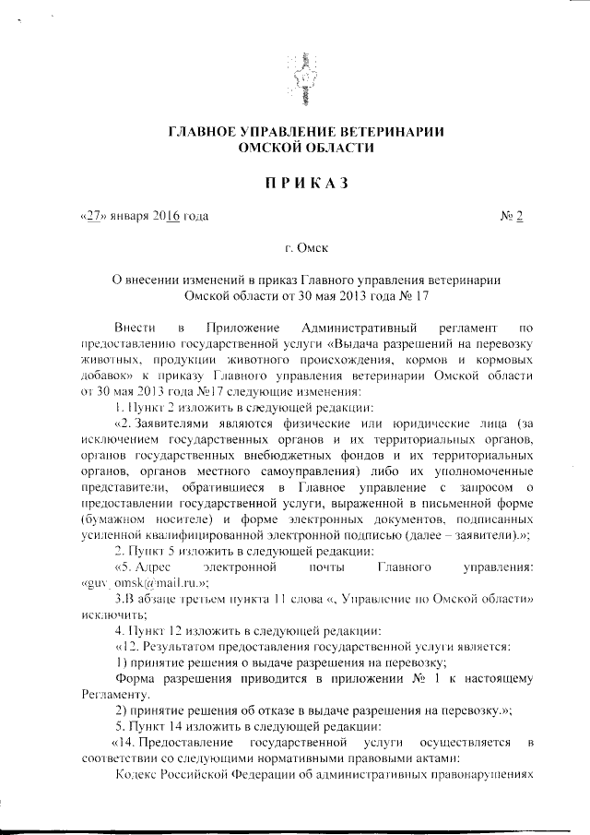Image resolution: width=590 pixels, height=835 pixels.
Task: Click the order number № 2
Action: tap(512, 217)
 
